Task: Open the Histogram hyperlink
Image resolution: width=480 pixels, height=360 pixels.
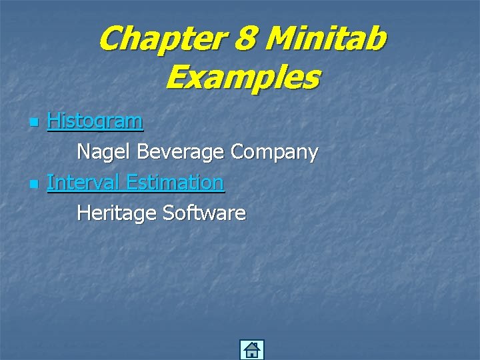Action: click(x=95, y=121)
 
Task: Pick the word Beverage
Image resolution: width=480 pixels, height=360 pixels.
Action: click(x=180, y=152)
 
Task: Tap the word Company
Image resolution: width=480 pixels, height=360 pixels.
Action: click(x=274, y=152)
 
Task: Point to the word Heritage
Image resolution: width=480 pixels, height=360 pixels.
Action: click(x=117, y=213)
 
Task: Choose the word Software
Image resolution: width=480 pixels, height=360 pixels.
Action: click(x=204, y=213)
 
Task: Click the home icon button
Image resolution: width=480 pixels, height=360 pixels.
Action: click(x=251, y=350)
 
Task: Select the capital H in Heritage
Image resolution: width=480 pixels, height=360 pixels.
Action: click(x=84, y=213)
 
